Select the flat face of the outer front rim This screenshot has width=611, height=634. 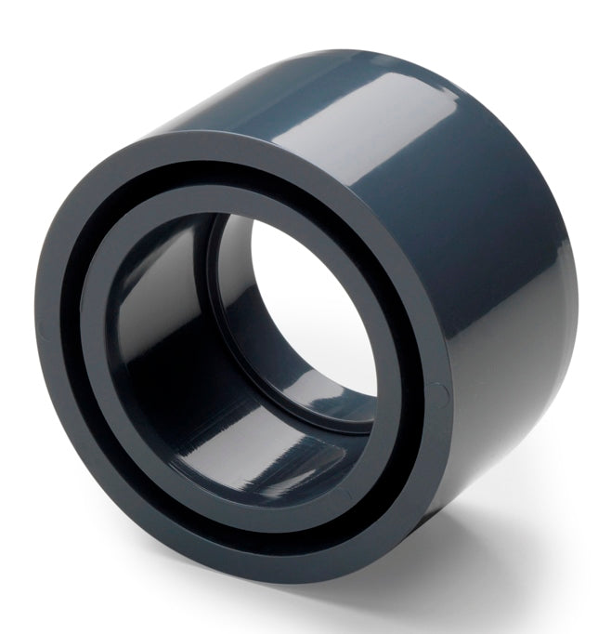click(56, 372)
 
